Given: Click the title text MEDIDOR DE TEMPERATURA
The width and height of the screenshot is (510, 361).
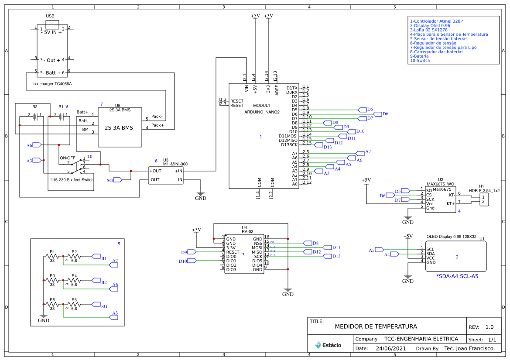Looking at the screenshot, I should tap(376, 327).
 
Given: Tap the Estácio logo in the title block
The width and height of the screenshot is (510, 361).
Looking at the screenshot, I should tap(328, 345).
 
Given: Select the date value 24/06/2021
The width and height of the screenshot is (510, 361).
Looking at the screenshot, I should tap(390, 348).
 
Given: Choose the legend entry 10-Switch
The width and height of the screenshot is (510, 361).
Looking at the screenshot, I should tap(420, 61).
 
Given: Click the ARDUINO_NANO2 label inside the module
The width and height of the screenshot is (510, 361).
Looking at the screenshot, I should tap(262, 112).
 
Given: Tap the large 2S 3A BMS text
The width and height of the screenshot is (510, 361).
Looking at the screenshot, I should tap(119, 128).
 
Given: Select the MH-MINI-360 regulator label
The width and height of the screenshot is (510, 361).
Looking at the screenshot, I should tap(175, 164).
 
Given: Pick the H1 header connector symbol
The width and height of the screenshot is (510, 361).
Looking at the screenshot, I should tap(483, 199).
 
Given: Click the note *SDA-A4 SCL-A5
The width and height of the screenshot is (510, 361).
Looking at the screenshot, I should tap(457, 276).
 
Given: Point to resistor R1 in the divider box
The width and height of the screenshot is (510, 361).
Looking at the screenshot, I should tap(52, 256).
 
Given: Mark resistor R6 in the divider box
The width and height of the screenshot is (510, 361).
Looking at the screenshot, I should tap(74, 304).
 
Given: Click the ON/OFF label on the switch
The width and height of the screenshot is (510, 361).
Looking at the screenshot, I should tap(67, 158).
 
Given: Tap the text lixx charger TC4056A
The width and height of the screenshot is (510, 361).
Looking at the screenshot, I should tap(52, 83).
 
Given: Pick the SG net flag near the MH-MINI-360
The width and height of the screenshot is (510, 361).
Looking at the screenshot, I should tap(117, 179).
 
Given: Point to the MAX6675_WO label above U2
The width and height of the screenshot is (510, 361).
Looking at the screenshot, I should tap(440, 184).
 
